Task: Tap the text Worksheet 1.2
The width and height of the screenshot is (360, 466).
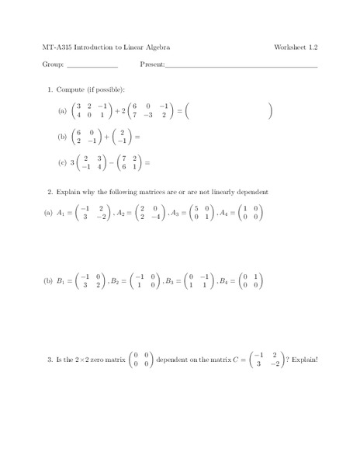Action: tap(296, 47)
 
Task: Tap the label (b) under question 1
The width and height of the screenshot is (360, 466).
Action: tap(63, 137)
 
